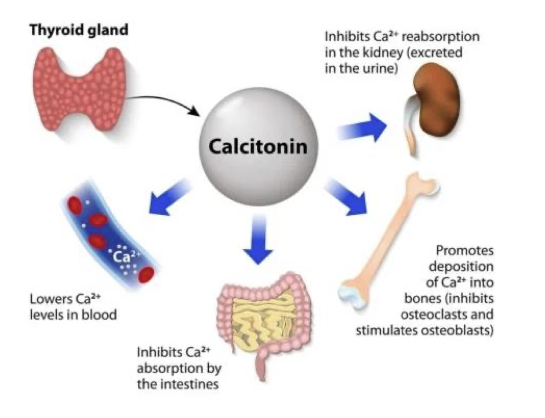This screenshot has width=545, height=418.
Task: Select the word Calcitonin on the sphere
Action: tap(258, 147)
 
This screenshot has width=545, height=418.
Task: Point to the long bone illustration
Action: tap(387, 238)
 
